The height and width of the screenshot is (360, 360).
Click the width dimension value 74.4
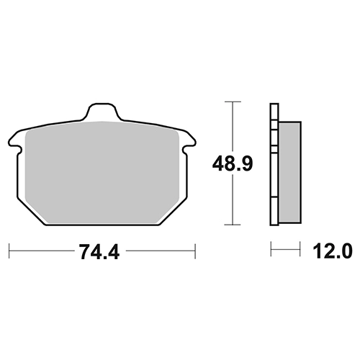point(99,252)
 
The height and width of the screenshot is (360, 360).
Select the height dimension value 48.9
point(233,164)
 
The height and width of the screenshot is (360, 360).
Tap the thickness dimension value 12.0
point(333,251)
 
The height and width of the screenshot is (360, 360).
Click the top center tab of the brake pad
point(102,112)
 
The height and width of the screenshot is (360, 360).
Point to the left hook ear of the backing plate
point(15,142)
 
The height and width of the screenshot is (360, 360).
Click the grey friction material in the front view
point(102,172)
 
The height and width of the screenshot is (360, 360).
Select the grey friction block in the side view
point(289,172)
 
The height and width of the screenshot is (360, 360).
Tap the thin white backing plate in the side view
point(274,164)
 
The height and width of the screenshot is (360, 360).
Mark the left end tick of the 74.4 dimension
point(9,251)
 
